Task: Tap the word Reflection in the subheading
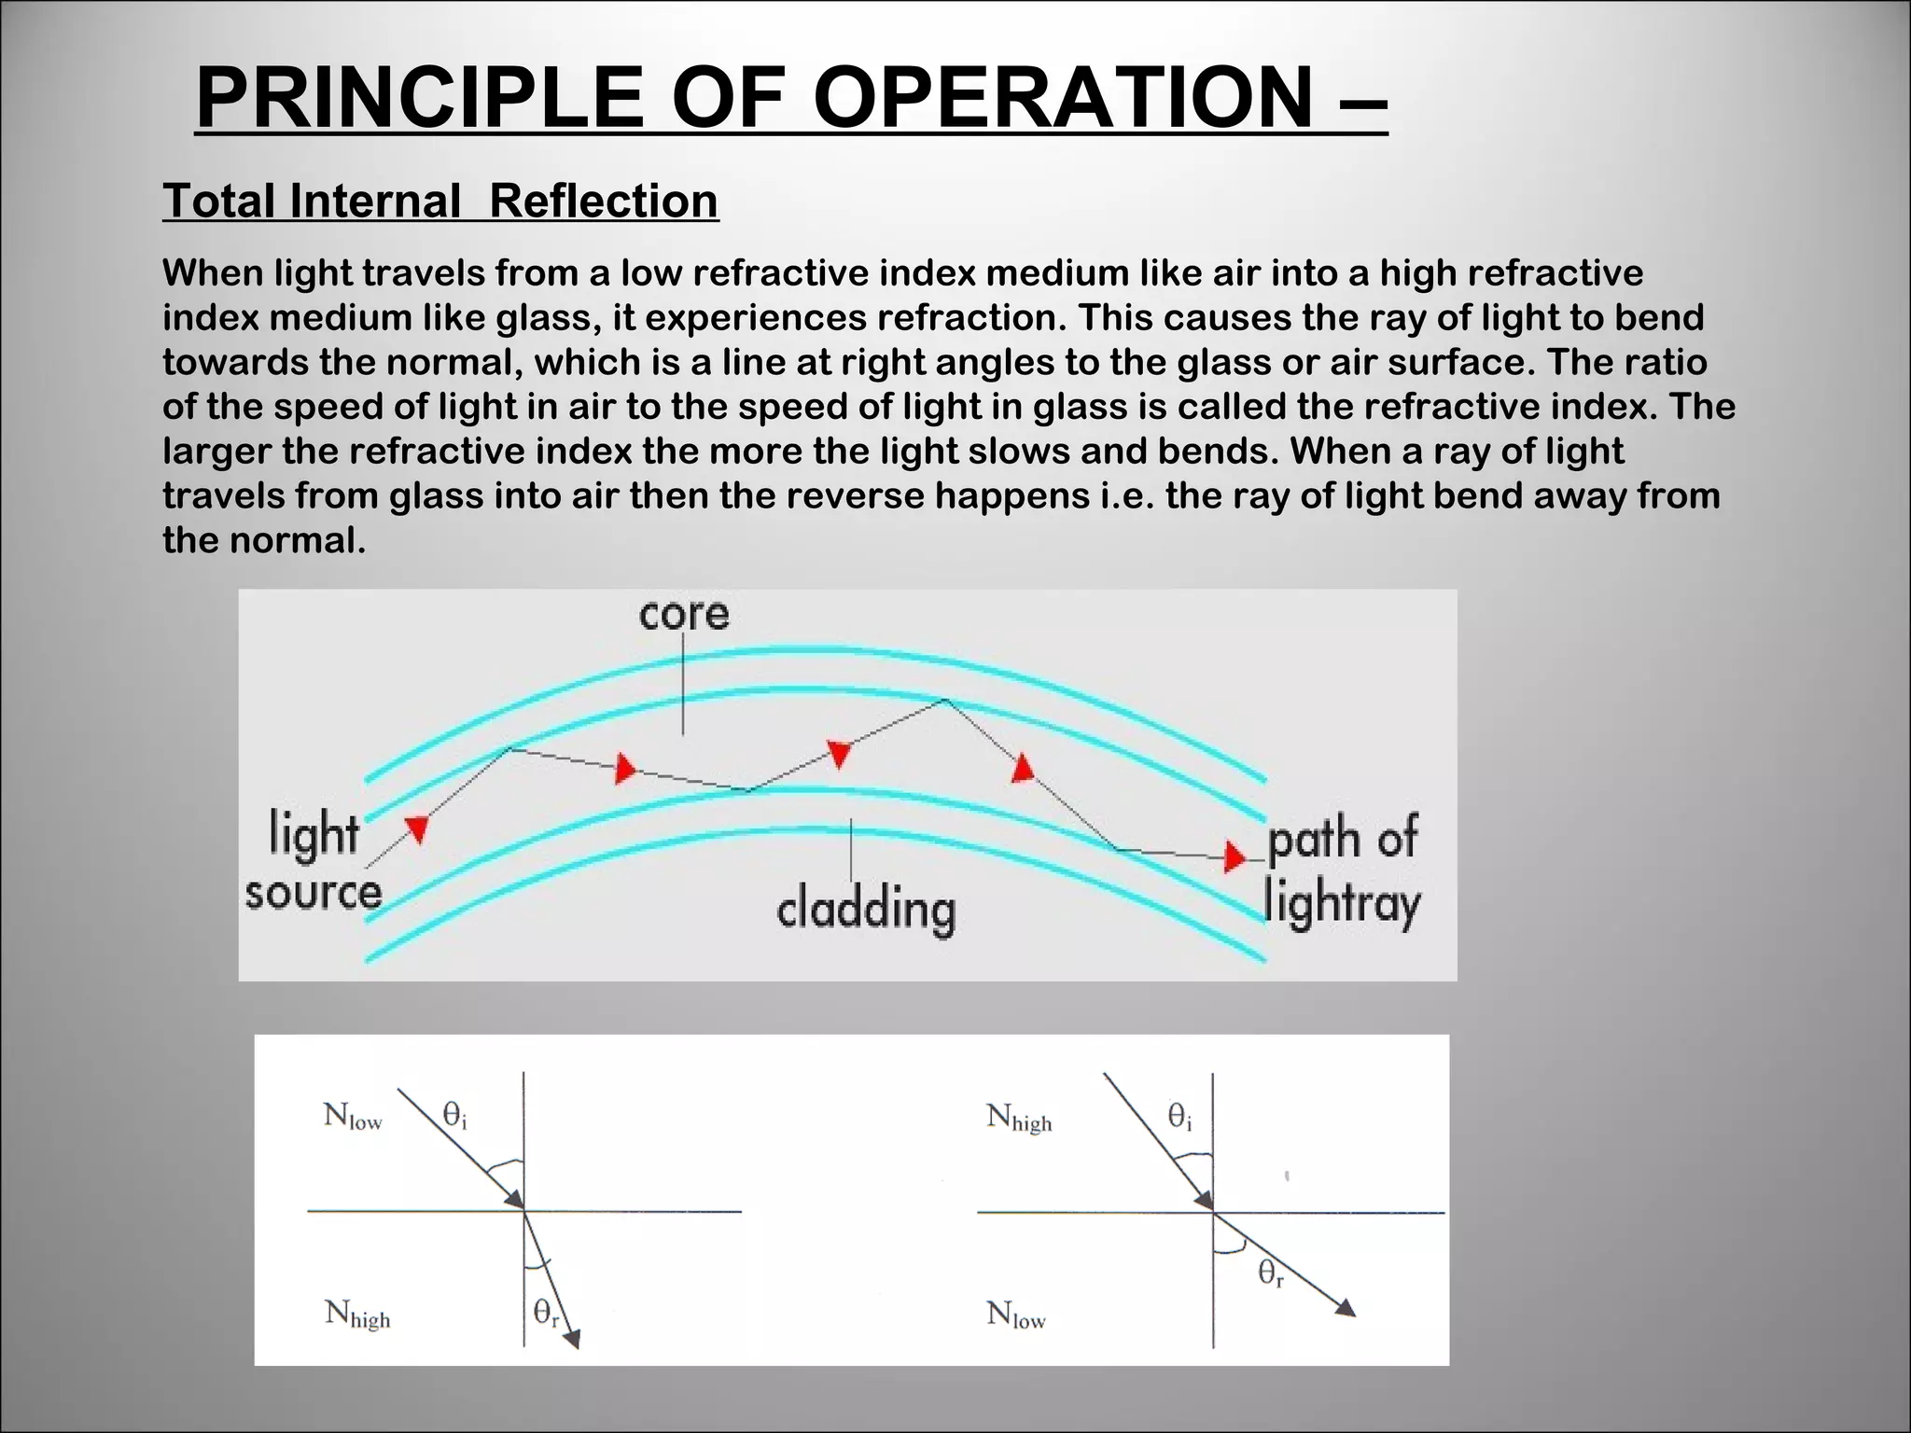[x=604, y=201]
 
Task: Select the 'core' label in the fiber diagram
[x=684, y=614]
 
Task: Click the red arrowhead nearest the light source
[x=416, y=828]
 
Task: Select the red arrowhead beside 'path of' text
[x=1234, y=856]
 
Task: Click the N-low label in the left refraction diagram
[x=353, y=1116]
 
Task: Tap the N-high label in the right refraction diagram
[x=1019, y=1117]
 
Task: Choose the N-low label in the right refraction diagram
[x=1016, y=1315]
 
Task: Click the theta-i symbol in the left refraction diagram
[x=454, y=1115]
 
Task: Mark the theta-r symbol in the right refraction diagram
[x=1271, y=1273]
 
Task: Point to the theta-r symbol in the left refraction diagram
[x=546, y=1314]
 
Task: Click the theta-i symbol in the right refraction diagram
[x=1180, y=1116]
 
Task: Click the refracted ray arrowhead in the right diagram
[x=1345, y=1307]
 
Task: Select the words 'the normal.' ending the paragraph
[x=264, y=540]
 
